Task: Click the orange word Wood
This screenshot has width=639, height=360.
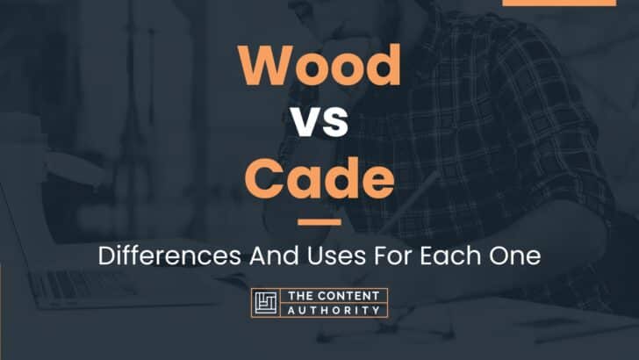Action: tap(319, 64)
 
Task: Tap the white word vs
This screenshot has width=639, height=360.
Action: tap(319, 121)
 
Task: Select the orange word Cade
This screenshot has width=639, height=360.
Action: tap(319, 177)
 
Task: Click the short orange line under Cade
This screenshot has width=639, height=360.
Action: tap(319, 222)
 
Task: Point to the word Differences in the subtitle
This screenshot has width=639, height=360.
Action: tap(169, 256)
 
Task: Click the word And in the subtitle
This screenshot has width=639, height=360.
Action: tap(274, 256)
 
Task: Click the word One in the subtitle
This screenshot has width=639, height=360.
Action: tap(515, 256)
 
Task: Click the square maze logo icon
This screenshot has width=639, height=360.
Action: tap(266, 303)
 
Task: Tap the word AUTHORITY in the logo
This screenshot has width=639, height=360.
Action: tap(334, 311)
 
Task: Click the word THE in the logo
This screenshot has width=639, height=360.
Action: tap(300, 296)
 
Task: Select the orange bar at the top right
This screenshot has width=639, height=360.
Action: tap(559, 3)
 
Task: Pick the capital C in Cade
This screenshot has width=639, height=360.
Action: tap(264, 177)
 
